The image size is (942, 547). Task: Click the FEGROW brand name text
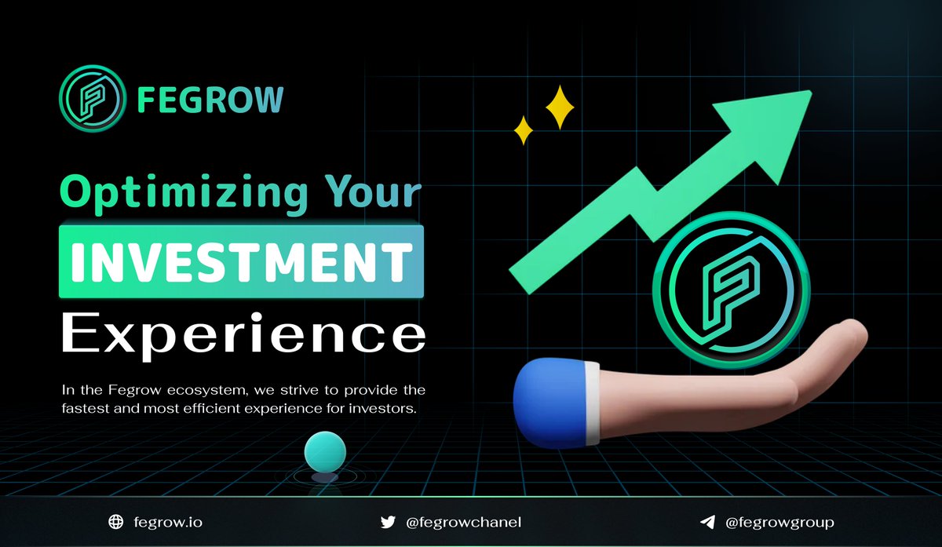[210, 100]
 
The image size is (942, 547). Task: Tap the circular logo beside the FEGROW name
[92, 100]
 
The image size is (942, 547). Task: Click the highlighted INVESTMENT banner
[241, 261]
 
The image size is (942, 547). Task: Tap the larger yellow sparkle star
[560, 107]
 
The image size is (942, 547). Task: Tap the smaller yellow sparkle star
[523, 129]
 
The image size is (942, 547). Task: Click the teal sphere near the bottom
[325, 452]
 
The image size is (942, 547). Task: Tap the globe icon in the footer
[116, 522]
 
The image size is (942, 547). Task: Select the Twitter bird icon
[387, 522]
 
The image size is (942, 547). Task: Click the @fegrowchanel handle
[463, 522]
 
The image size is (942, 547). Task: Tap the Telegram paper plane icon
[706, 522]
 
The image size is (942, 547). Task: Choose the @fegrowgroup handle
[780, 522]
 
